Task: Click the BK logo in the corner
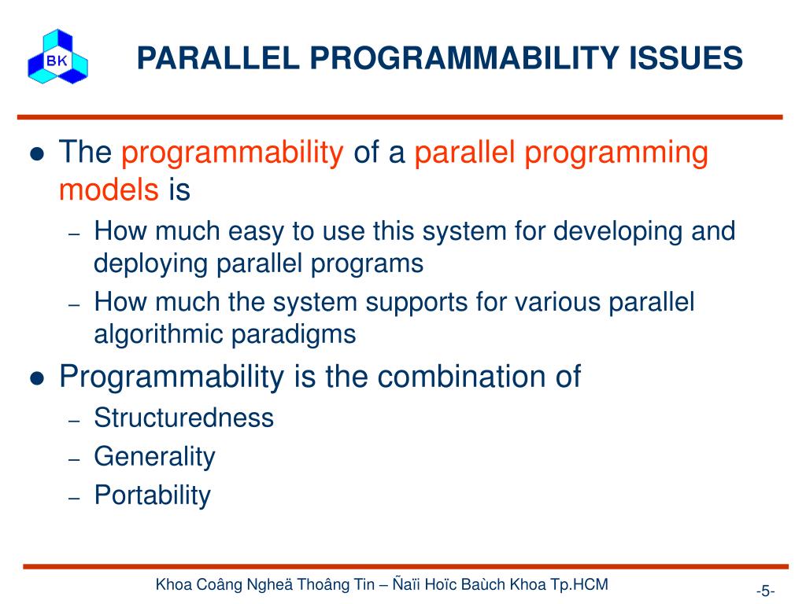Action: coord(57,57)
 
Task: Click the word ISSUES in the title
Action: coord(686,57)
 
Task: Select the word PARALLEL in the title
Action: coord(218,57)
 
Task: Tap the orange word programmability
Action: coord(232,153)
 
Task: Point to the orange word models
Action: coord(109,189)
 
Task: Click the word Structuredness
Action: coord(184,417)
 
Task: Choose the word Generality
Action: coord(155,457)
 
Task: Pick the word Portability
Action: coord(153,495)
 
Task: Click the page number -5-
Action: coord(765,591)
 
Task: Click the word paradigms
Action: coord(294,335)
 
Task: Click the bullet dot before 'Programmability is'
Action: coord(38,378)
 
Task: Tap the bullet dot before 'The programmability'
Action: coord(38,153)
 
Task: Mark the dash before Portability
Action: coord(75,498)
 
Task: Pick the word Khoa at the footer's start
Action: coord(174,584)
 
